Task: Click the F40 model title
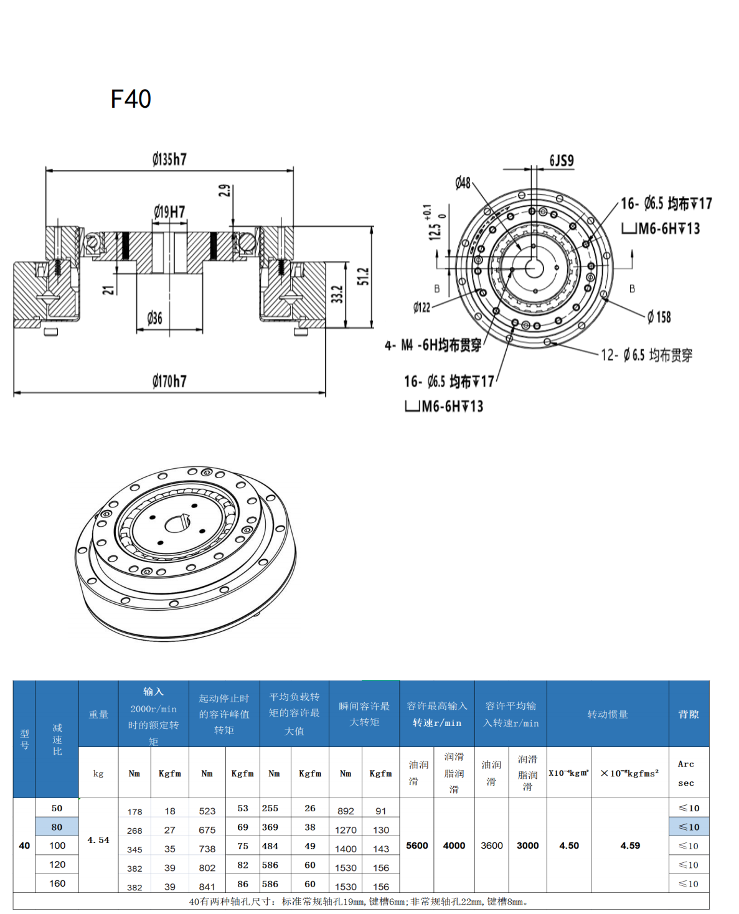(131, 99)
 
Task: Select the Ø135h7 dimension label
(169, 159)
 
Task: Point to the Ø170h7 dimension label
(169, 381)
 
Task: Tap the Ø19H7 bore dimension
(169, 212)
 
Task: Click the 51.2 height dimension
(363, 276)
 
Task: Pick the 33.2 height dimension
(337, 294)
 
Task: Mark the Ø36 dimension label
(154, 319)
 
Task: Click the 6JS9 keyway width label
(561, 161)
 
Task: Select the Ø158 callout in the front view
(659, 317)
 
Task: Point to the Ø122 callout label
(421, 307)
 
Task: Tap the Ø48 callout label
(463, 182)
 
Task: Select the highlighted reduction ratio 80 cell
(57, 827)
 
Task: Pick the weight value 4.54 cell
(98, 840)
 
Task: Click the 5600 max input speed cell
(417, 846)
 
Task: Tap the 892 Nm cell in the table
(346, 811)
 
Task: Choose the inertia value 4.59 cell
(630, 846)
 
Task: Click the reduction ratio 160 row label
(57, 883)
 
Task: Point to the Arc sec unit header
(686, 773)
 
